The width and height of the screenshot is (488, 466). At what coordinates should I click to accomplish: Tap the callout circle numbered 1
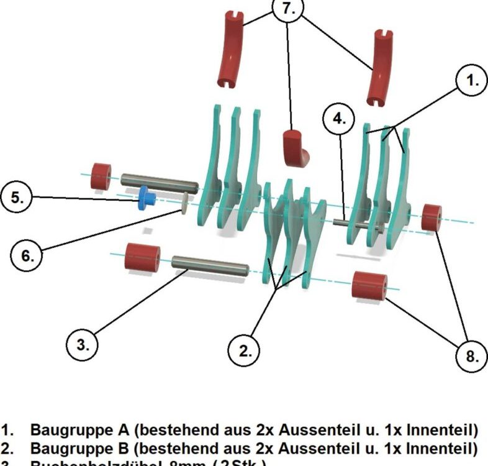click(x=472, y=81)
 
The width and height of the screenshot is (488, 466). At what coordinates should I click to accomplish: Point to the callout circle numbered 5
click(x=17, y=198)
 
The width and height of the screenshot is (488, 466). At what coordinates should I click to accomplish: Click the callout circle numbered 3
click(x=83, y=345)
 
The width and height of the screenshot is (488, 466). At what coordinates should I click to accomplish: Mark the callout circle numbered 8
click(x=472, y=356)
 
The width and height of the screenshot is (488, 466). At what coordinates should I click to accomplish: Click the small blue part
click(x=147, y=198)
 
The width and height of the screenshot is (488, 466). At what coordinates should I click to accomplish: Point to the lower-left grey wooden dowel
click(x=210, y=267)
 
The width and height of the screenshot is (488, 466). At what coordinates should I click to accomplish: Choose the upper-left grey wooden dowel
click(x=159, y=183)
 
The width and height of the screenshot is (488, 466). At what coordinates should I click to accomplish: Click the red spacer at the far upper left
click(x=101, y=176)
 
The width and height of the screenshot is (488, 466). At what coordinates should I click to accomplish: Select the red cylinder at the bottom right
click(x=369, y=285)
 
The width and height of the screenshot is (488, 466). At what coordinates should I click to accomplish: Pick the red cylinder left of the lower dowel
click(x=142, y=257)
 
